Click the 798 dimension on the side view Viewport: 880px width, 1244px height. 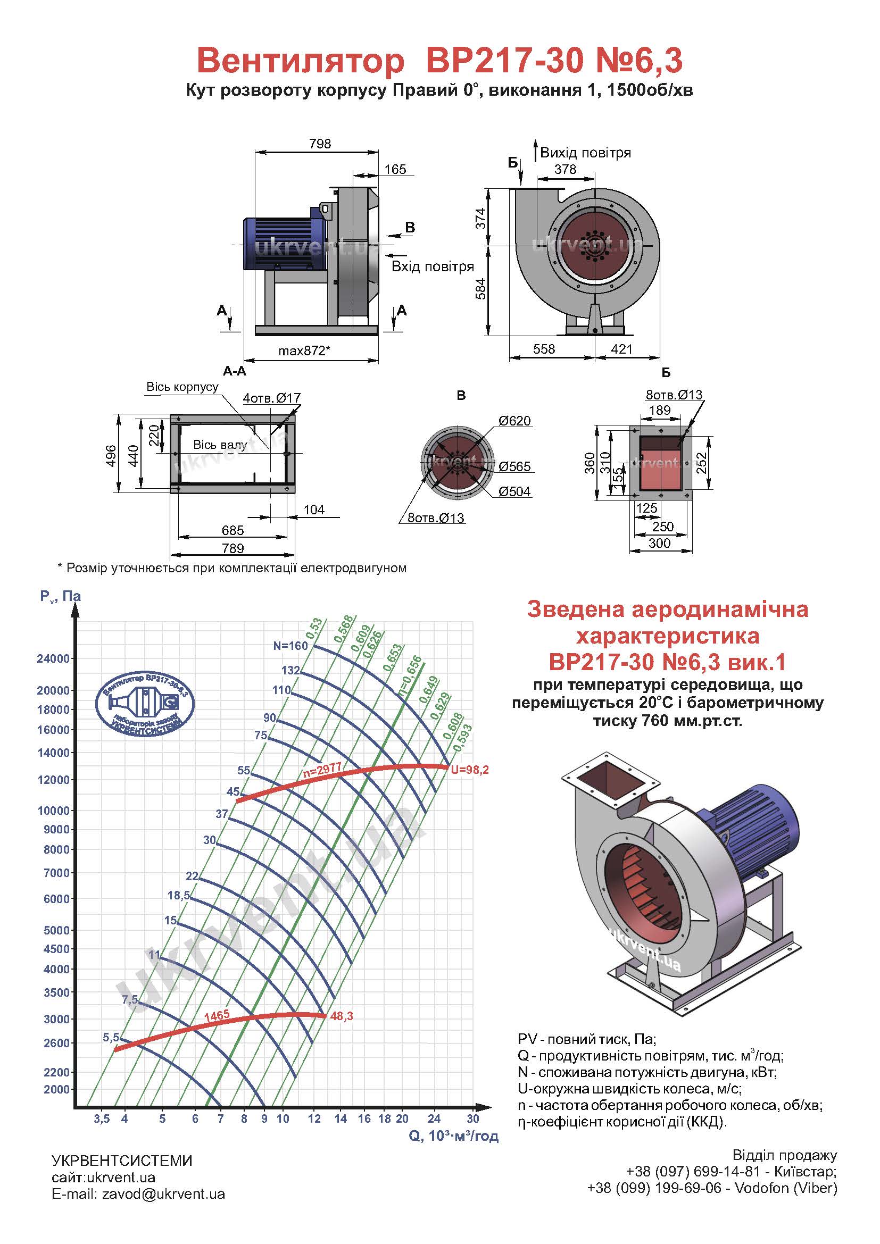click(x=320, y=144)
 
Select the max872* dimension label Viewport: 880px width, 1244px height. click(x=304, y=350)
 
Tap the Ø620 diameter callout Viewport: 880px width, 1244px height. click(x=515, y=421)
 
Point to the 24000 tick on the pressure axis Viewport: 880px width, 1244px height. click(x=53, y=659)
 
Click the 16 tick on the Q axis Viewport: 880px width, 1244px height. click(x=364, y=1119)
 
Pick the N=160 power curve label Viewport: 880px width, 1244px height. click(x=290, y=646)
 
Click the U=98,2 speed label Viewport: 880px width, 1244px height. click(x=470, y=770)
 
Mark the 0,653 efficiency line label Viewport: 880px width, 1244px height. click(x=393, y=657)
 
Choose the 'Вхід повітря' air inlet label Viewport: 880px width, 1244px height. click(x=433, y=266)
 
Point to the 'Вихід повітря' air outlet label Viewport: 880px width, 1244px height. click(x=586, y=153)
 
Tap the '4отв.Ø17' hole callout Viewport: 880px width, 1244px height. click(x=271, y=398)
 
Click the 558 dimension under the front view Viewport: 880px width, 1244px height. click(x=544, y=349)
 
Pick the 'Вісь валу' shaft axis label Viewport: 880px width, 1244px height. click(x=220, y=445)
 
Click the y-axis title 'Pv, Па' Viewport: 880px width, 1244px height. click(x=60, y=597)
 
